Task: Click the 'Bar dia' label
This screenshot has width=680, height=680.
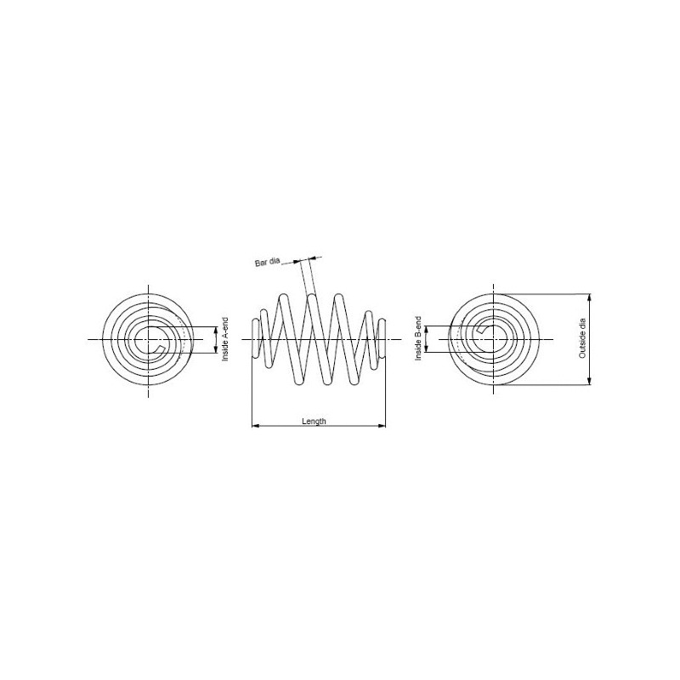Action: click(267, 262)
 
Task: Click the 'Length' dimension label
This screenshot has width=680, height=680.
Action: click(314, 421)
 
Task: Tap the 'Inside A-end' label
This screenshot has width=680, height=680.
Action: click(224, 339)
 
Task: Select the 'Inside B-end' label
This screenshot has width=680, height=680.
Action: click(418, 338)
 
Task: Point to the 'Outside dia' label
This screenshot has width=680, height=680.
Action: click(582, 338)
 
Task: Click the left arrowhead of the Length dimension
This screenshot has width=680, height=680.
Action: click(255, 426)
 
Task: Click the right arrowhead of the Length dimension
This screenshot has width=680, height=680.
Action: click(382, 426)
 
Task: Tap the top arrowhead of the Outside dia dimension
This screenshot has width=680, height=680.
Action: click(589, 297)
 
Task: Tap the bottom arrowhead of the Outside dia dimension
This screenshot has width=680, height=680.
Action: click(589, 381)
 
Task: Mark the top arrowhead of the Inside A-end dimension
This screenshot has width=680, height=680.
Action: click(216, 331)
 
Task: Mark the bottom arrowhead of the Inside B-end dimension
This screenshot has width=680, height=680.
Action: click(426, 348)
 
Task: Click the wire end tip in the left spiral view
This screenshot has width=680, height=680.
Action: click(160, 349)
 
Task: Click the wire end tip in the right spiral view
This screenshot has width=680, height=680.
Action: click(481, 330)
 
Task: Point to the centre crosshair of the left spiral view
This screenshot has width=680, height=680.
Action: click(148, 339)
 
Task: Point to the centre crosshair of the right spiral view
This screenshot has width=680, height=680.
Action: click(494, 339)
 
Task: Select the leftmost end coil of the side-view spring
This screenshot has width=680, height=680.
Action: click(256, 338)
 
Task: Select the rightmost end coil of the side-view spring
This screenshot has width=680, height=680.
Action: click(382, 338)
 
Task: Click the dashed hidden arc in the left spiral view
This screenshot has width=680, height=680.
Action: click(184, 338)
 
